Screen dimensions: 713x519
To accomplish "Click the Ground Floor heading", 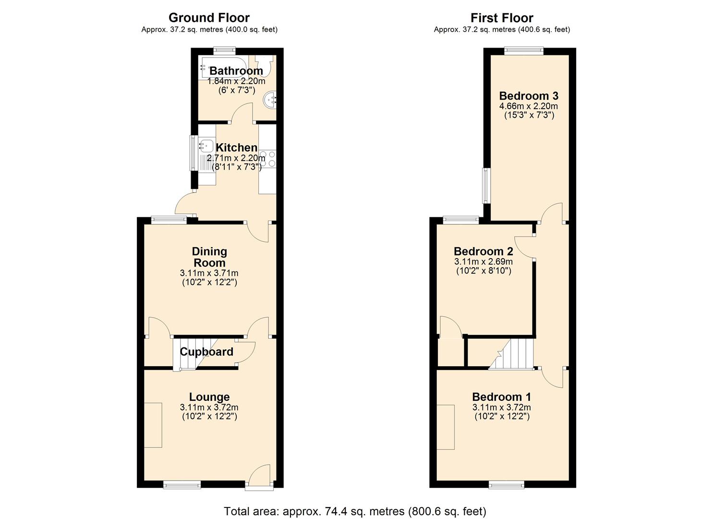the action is (x=209, y=17).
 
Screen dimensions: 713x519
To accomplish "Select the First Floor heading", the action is (x=502, y=17).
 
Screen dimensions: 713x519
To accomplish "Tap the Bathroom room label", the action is (x=236, y=71).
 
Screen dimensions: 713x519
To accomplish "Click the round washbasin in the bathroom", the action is (x=270, y=100).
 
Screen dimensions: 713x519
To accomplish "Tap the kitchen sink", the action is (x=206, y=146).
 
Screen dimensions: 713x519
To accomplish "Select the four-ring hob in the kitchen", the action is (x=268, y=159).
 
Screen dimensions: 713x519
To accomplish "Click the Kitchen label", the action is (x=237, y=148).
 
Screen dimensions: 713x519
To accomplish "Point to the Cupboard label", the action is (x=206, y=352).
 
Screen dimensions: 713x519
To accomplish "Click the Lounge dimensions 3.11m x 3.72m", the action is (x=209, y=407).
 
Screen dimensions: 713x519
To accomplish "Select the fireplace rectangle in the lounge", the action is (x=153, y=425).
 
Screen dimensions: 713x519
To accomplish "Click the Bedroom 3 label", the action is (x=529, y=96).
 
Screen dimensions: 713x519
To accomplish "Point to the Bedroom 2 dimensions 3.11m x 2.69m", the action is (x=483, y=262).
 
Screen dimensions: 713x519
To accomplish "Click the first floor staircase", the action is (x=512, y=354).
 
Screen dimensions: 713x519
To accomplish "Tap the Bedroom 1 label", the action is (x=502, y=397).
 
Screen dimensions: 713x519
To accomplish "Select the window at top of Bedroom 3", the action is (x=524, y=50).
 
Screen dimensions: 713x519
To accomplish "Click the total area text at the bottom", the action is (x=355, y=503).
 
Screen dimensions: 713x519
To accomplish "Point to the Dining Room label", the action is (x=209, y=257).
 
